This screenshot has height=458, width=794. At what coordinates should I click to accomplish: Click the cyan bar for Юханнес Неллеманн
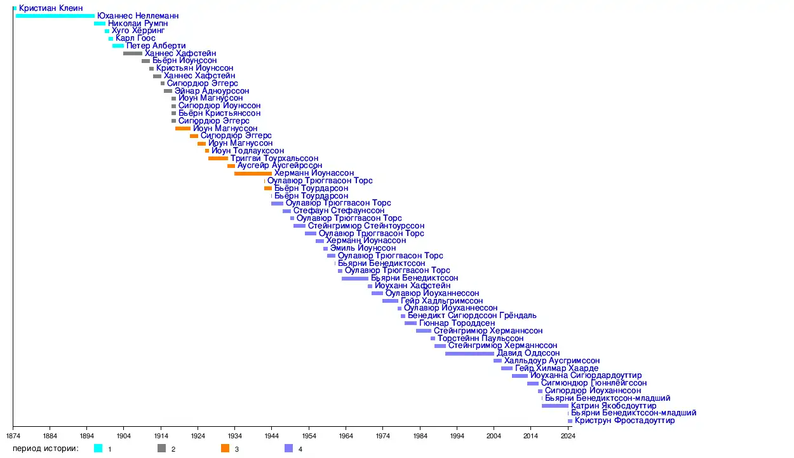point(55,16)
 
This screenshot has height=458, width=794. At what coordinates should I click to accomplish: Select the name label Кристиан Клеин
point(51,8)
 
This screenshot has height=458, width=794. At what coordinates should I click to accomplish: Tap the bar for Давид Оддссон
point(469,354)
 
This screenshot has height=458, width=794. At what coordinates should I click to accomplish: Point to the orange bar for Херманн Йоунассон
point(253,174)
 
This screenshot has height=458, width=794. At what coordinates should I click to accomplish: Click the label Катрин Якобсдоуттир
point(614,406)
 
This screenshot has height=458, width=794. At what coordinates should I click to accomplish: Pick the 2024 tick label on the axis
point(569,436)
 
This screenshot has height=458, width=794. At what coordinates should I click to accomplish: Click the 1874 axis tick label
point(13,436)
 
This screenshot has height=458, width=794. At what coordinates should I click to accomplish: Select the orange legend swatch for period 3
point(225,448)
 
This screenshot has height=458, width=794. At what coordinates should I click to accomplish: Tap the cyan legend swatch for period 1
point(98,448)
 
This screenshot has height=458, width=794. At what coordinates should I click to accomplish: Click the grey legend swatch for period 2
point(161,448)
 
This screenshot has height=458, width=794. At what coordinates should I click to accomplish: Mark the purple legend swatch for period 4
point(288,448)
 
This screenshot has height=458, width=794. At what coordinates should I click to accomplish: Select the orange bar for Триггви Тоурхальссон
point(218,158)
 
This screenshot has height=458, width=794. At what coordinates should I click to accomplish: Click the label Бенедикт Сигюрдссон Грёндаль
point(472,316)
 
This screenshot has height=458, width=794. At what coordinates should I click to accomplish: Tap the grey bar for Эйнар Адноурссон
point(168,91)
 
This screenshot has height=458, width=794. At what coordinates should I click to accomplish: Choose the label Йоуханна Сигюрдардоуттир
point(586,376)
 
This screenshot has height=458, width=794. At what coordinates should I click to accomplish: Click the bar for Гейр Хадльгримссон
point(390,301)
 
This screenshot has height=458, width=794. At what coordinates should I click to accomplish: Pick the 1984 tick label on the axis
point(420,436)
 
